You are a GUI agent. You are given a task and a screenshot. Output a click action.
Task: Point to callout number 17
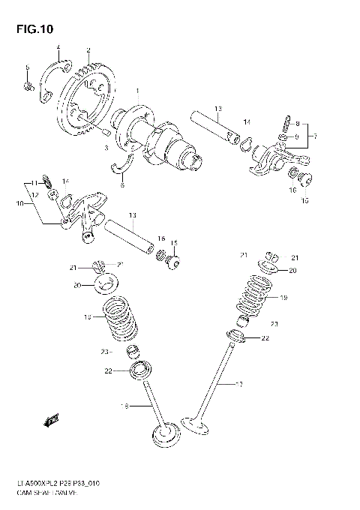point(239,386)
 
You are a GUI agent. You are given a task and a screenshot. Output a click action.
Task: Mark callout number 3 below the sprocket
point(106,149)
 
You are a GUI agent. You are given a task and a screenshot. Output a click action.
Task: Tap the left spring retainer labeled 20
point(102,284)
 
